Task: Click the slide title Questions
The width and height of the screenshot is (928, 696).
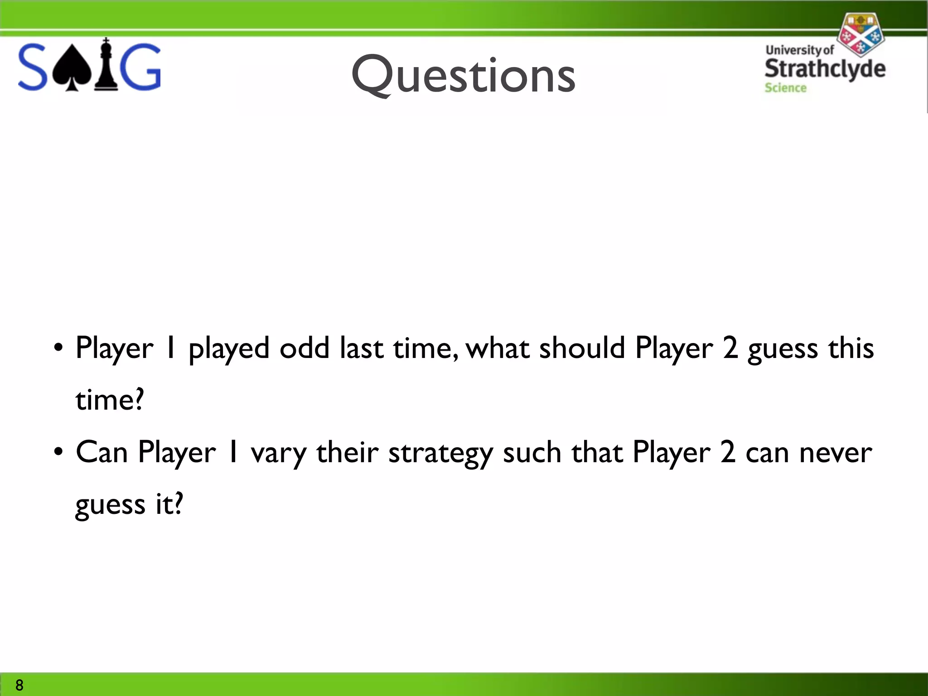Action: (x=463, y=75)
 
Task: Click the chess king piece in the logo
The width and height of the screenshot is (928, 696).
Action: (x=106, y=65)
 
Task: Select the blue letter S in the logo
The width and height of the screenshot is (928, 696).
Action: (x=33, y=67)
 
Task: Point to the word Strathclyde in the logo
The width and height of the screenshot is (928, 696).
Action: (x=825, y=69)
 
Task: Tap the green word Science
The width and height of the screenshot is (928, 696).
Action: (x=785, y=88)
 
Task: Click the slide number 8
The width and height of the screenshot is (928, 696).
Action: (x=19, y=685)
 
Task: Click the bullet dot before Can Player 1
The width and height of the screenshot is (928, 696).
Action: (x=58, y=452)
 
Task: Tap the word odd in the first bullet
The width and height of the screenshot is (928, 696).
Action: (x=304, y=348)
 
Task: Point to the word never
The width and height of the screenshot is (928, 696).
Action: (x=835, y=452)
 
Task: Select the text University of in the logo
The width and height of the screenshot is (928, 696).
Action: (x=800, y=50)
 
